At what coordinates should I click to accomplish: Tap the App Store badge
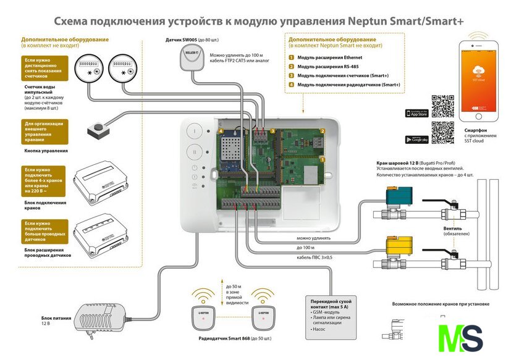(416, 114)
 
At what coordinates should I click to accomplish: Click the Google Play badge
(416, 139)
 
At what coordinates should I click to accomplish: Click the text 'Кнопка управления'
(46, 151)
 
